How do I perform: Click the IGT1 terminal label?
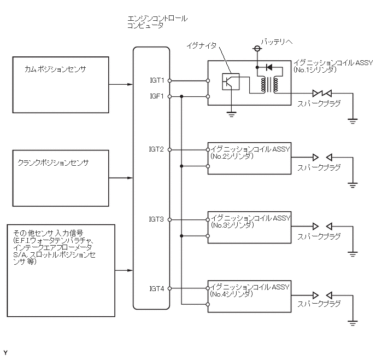(x=157, y=80)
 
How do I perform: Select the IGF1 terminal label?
(x=157, y=96)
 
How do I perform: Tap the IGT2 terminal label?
(x=157, y=149)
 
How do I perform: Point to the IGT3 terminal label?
(x=157, y=219)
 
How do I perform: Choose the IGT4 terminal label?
(x=157, y=288)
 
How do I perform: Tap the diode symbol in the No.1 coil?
(x=268, y=67)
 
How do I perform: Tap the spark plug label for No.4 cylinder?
(x=319, y=303)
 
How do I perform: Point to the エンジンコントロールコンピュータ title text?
(x=156, y=22)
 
